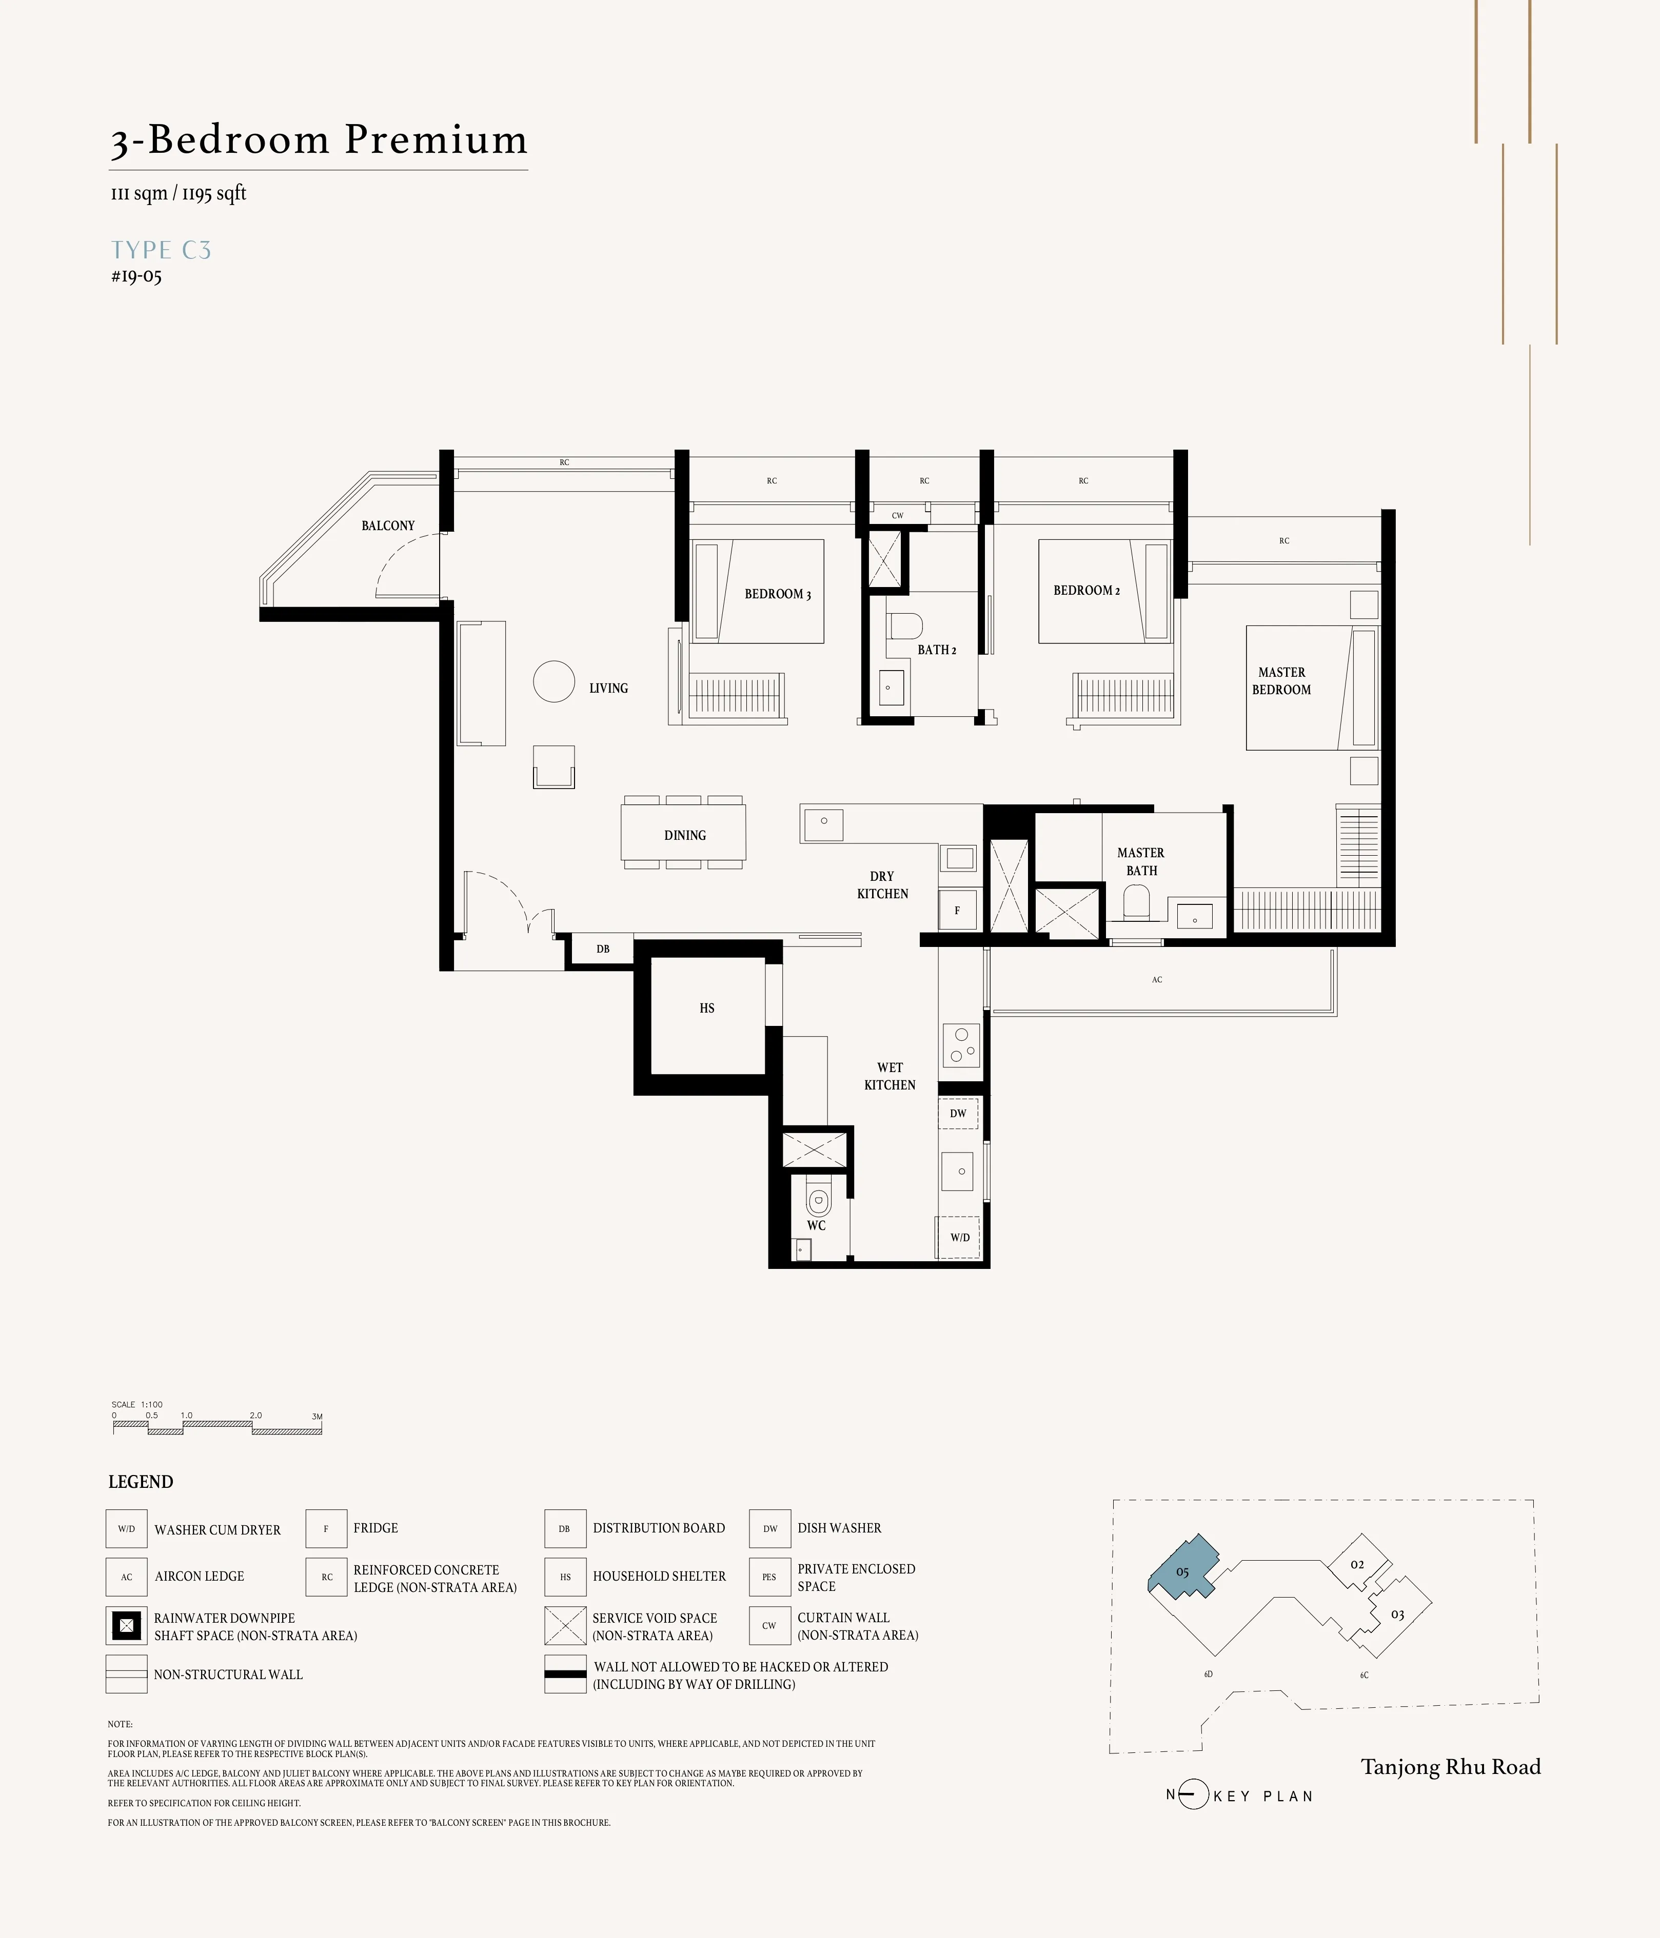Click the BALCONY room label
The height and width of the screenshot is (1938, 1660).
click(x=387, y=526)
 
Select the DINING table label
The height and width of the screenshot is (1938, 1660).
click(x=684, y=835)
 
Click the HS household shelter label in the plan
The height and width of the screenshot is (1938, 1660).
click(x=706, y=1008)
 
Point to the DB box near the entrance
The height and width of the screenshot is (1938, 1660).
click(x=603, y=950)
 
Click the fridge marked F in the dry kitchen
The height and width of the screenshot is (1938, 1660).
click(x=957, y=910)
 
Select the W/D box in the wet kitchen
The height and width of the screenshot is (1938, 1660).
click(x=959, y=1238)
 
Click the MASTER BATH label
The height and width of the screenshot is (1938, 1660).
click(x=1141, y=861)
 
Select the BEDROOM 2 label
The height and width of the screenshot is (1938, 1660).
click(x=1085, y=590)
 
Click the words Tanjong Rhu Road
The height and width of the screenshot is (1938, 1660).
click(x=1450, y=1767)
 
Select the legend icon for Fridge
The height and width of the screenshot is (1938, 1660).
click(x=326, y=1528)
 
